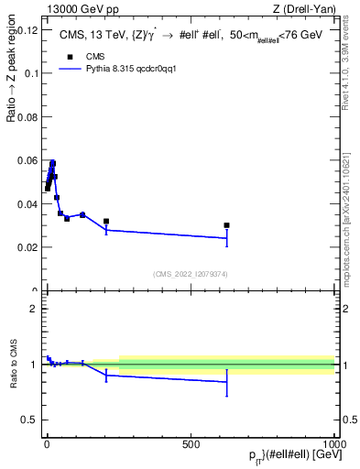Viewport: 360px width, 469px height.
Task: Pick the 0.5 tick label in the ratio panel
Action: point(27,420)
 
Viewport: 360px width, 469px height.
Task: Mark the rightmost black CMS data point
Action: point(226,225)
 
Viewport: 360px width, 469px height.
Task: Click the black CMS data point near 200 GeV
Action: point(106,222)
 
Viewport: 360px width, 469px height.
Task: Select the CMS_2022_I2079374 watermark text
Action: point(190,273)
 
